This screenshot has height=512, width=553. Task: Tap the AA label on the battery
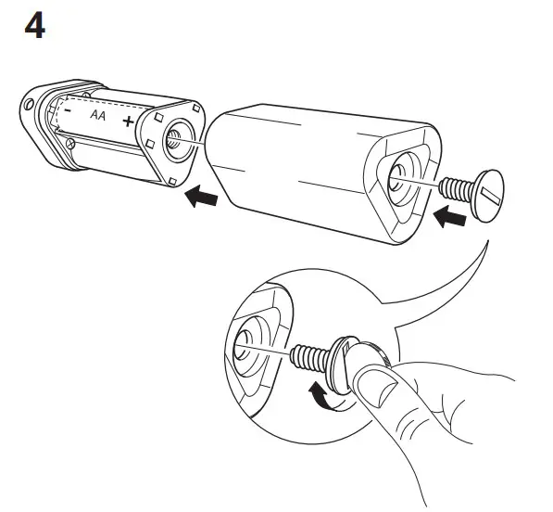(96, 116)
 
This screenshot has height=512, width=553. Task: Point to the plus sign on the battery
(127, 122)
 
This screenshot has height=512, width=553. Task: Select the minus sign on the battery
(68, 110)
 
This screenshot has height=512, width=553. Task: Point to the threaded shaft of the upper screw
(457, 190)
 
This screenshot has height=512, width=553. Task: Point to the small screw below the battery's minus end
(69, 145)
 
